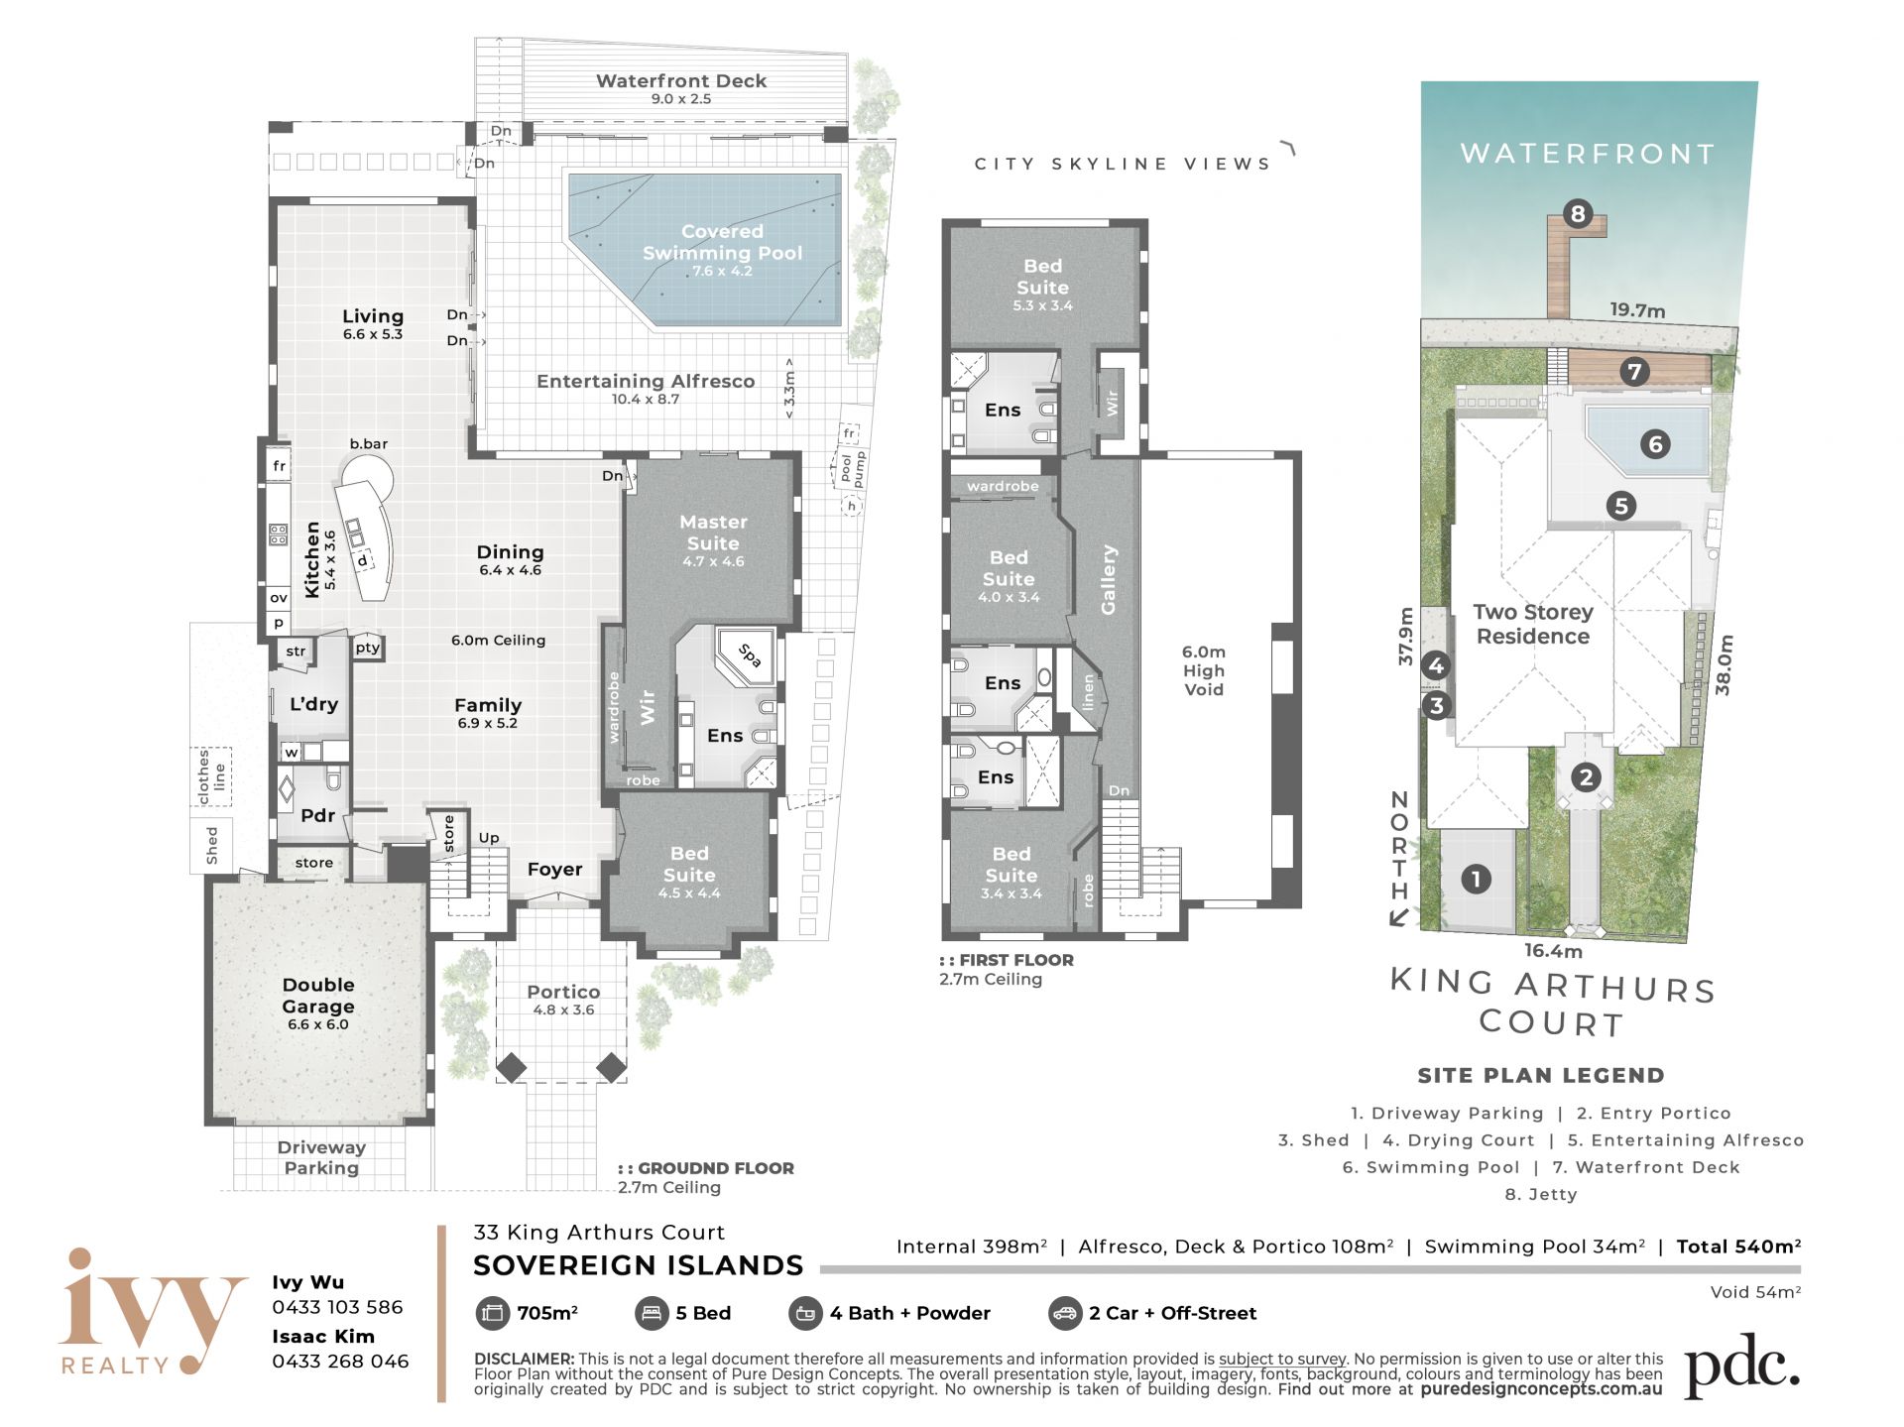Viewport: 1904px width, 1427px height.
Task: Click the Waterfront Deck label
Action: (681, 81)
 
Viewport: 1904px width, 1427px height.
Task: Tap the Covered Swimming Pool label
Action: (722, 242)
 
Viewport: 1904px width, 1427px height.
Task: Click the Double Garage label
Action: (318, 996)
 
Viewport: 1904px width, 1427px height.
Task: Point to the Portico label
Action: (563, 992)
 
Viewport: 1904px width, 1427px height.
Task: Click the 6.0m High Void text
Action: (1204, 670)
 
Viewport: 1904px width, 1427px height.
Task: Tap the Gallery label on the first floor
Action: (1109, 579)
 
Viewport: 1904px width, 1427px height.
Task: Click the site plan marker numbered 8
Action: (1577, 213)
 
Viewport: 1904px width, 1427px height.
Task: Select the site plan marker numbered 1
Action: (1476, 879)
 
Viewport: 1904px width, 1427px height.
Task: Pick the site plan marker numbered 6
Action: (1654, 444)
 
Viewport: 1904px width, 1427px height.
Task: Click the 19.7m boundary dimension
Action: (1637, 310)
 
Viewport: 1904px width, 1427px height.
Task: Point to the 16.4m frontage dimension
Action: (1553, 951)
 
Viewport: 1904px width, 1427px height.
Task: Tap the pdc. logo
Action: (1741, 1366)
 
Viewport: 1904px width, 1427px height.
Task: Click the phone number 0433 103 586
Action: (338, 1307)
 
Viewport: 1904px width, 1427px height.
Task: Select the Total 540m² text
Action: (1738, 1247)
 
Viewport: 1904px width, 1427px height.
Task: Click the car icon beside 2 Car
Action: (1064, 1313)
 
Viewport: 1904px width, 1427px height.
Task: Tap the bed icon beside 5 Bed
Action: (652, 1313)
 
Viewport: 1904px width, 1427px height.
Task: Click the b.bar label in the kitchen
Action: (369, 444)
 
